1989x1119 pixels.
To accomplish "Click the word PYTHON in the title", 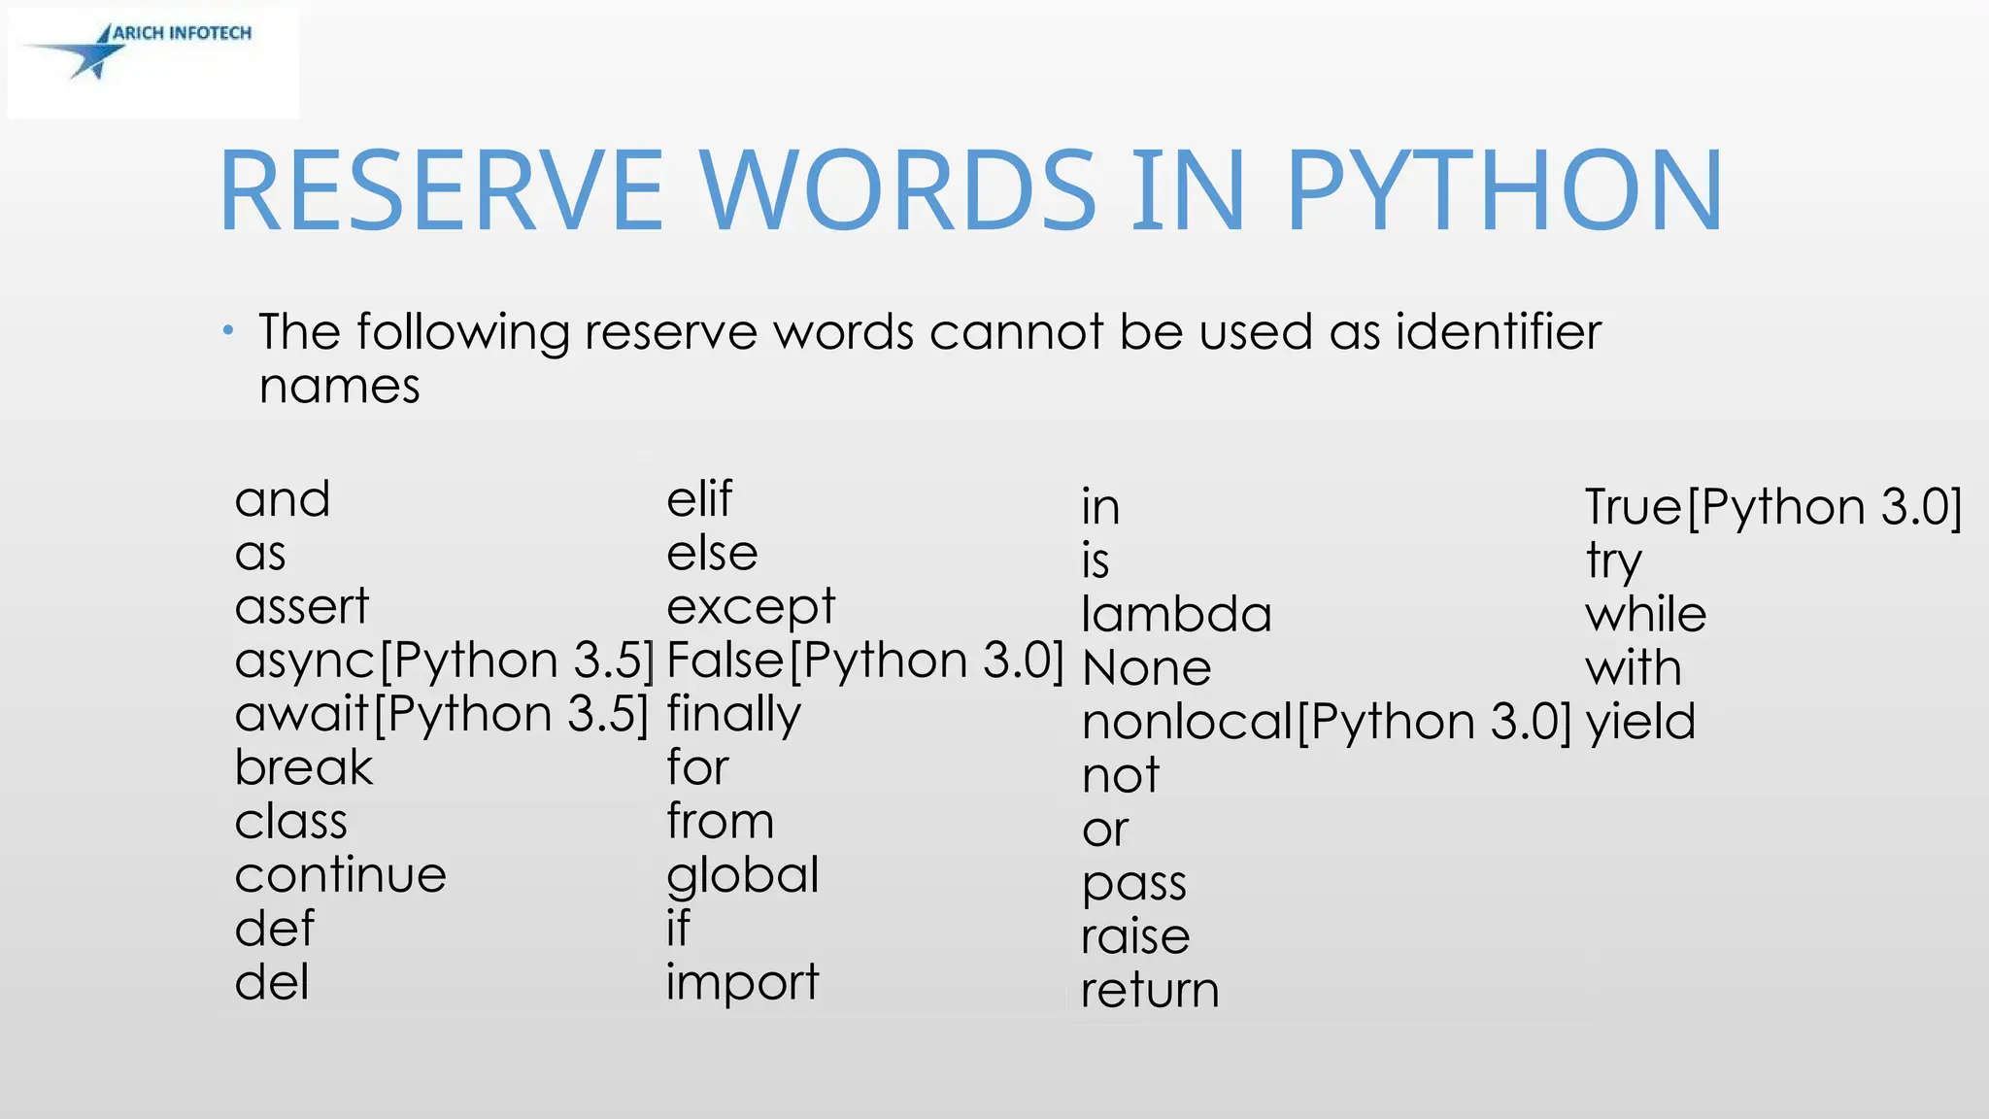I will (x=1504, y=190).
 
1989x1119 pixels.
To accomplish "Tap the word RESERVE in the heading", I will (x=442, y=190).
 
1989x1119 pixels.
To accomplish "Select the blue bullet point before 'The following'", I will (x=227, y=331).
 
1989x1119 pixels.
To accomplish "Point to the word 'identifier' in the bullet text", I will (x=1498, y=332).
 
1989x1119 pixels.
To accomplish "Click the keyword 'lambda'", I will (x=1176, y=615).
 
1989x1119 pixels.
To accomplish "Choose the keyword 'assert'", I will (x=302, y=607).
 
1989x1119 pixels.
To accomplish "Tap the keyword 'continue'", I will (x=341, y=875).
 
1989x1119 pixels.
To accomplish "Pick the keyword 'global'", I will (x=743, y=876).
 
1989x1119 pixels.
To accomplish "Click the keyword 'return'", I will (x=1150, y=990).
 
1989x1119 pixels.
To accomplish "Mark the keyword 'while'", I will (x=1645, y=615).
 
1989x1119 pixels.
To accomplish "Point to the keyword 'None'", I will (x=1147, y=668).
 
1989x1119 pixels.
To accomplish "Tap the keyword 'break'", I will (x=304, y=768).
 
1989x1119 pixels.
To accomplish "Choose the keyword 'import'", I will (x=743, y=983).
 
